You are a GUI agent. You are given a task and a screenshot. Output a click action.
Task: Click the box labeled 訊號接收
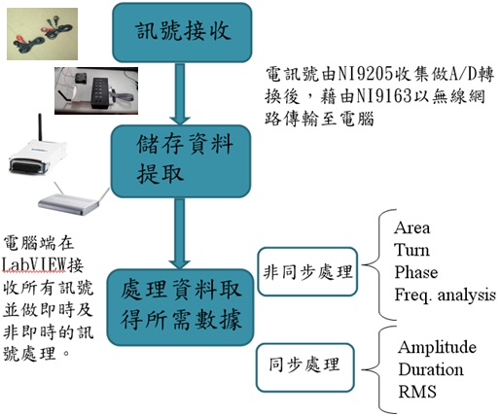tap(182, 32)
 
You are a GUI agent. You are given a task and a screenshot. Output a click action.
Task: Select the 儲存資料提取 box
tap(181, 161)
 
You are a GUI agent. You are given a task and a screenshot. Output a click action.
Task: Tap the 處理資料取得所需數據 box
tap(180, 307)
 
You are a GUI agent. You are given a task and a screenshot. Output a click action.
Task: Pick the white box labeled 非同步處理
tap(307, 271)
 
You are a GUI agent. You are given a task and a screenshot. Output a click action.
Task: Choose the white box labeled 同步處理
tap(304, 367)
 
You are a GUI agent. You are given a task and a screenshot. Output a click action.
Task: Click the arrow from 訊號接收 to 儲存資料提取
tap(180, 93)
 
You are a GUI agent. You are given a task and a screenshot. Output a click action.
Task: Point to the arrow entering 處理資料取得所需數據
tap(180, 233)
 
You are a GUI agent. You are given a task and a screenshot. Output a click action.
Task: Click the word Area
tap(412, 227)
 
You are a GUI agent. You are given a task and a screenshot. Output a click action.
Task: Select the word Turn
tap(411, 250)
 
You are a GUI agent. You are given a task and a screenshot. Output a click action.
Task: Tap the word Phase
tap(416, 272)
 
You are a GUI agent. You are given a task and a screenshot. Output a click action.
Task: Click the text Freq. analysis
tap(445, 295)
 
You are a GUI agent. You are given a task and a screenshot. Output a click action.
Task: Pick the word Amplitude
tap(437, 348)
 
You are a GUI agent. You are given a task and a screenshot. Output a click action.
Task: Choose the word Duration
tap(431, 369)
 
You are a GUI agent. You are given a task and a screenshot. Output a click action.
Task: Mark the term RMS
tap(417, 392)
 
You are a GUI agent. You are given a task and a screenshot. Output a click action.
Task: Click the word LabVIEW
tap(33, 264)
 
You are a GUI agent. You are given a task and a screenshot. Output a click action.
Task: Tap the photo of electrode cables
tap(42, 34)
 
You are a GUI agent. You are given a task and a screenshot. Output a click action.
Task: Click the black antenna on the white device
tap(40, 127)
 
